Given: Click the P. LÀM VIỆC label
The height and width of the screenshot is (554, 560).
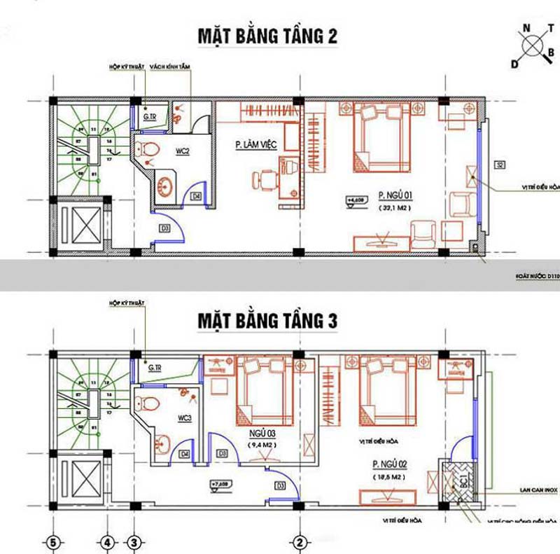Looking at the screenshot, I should pyautogui.click(x=256, y=145).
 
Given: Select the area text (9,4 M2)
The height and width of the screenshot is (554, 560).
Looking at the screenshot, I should pyautogui.click(x=262, y=444).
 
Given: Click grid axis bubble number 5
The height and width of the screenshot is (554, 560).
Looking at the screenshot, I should pyautogui.click(x=51, y=541).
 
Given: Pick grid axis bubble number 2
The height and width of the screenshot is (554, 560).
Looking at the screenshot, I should pyautogui.click(x=299, y=541).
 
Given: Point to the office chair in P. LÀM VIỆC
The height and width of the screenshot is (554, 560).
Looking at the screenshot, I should pyautogui.click(x=265, y=180).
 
